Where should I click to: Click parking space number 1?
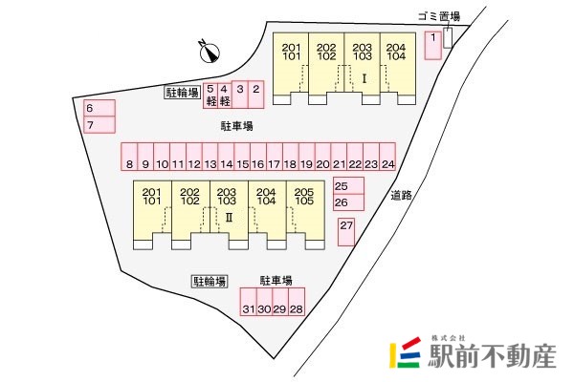point(433,45)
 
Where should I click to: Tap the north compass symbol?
point(209,52)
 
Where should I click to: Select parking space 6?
point(99,108)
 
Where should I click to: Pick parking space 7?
point(99,125)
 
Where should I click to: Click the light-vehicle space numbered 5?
point(210,95)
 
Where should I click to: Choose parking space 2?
point(255,95)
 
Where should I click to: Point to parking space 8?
point(129,157)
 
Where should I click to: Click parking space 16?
point(258,157)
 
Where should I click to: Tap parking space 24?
point(387,157)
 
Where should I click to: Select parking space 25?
point(348,185)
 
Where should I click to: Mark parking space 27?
point(346,232)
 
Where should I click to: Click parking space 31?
point(248,302)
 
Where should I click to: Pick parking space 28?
point(297,302)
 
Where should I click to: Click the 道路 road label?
point(401,196)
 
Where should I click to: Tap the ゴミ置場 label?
point(439,16)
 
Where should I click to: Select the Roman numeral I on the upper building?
point(364,78)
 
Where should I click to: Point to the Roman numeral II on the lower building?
point(229,218)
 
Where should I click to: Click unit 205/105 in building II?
point(305,215)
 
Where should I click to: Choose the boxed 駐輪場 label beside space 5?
point(183,93)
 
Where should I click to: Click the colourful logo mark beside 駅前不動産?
point(405,352)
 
